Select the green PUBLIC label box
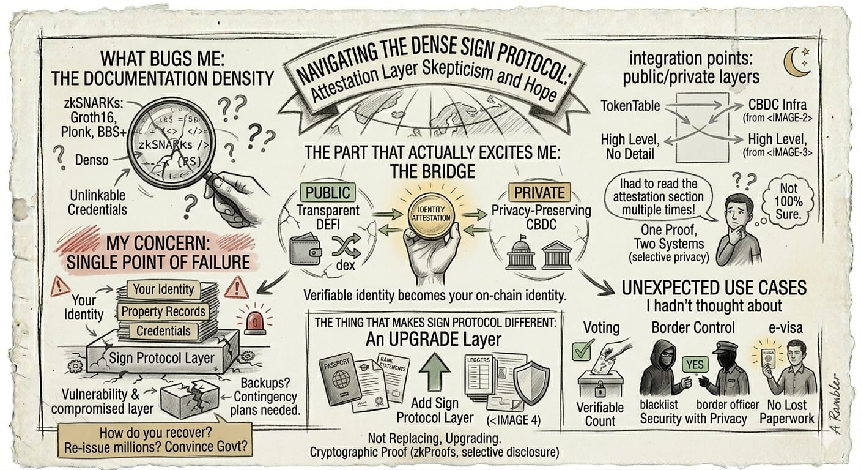(x=328, y=192)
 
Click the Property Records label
(x=163, y=311)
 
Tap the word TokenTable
(x=630, y=106)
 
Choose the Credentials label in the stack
(x=163, y=331)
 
